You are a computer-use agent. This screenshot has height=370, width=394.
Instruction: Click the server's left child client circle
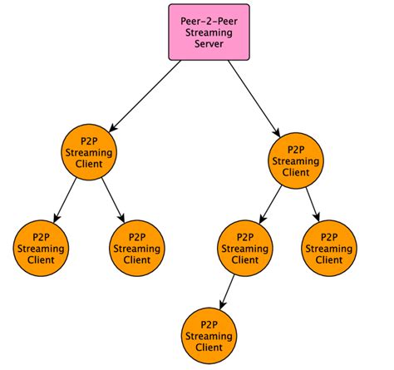pyautogui.click(x=89, y=151)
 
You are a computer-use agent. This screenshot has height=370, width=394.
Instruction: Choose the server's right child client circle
pyautogui.click(x=295, y=160)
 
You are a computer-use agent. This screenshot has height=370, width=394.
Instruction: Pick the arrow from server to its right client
pyautogui.click(x=254, y=101)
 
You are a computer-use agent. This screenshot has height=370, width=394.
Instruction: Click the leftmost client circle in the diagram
pyautogui.click(x=42, y=248)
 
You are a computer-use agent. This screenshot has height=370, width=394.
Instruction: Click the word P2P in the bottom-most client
pyautogui.click(x=207, y=323)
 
